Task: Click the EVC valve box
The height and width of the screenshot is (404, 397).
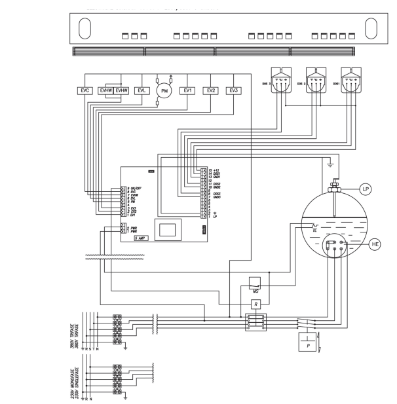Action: [83, 90]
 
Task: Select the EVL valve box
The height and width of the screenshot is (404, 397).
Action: [140, 90]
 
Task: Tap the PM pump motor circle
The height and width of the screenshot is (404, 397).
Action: [164, 92]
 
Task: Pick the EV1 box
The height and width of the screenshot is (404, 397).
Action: [187, 90]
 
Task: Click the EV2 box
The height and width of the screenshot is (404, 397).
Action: [210, 90]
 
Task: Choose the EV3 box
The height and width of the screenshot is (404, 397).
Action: [233, 90]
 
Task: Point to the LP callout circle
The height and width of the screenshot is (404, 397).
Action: [367, 189]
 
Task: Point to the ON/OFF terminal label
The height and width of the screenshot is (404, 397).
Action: [134, 188]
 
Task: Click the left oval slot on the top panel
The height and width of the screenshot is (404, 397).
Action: [86, 29]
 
